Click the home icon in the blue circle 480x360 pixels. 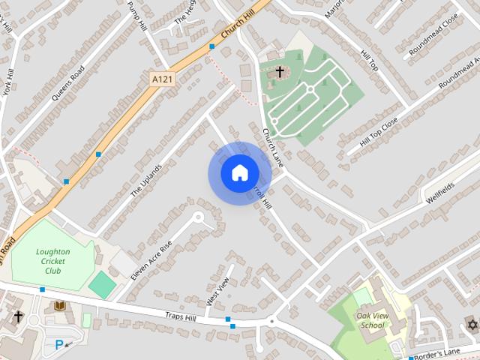[239, 173]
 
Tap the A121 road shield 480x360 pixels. [161, 78]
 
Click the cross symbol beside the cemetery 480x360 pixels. [280, 72]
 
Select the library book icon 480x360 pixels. [60, 306]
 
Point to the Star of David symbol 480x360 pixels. [472, 324]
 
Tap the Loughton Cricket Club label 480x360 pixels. [52, 261]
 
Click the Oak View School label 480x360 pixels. [372, 320]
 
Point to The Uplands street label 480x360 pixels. [146, 180]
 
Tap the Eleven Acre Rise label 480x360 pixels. [151, 259]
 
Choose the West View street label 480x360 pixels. [217, 291]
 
